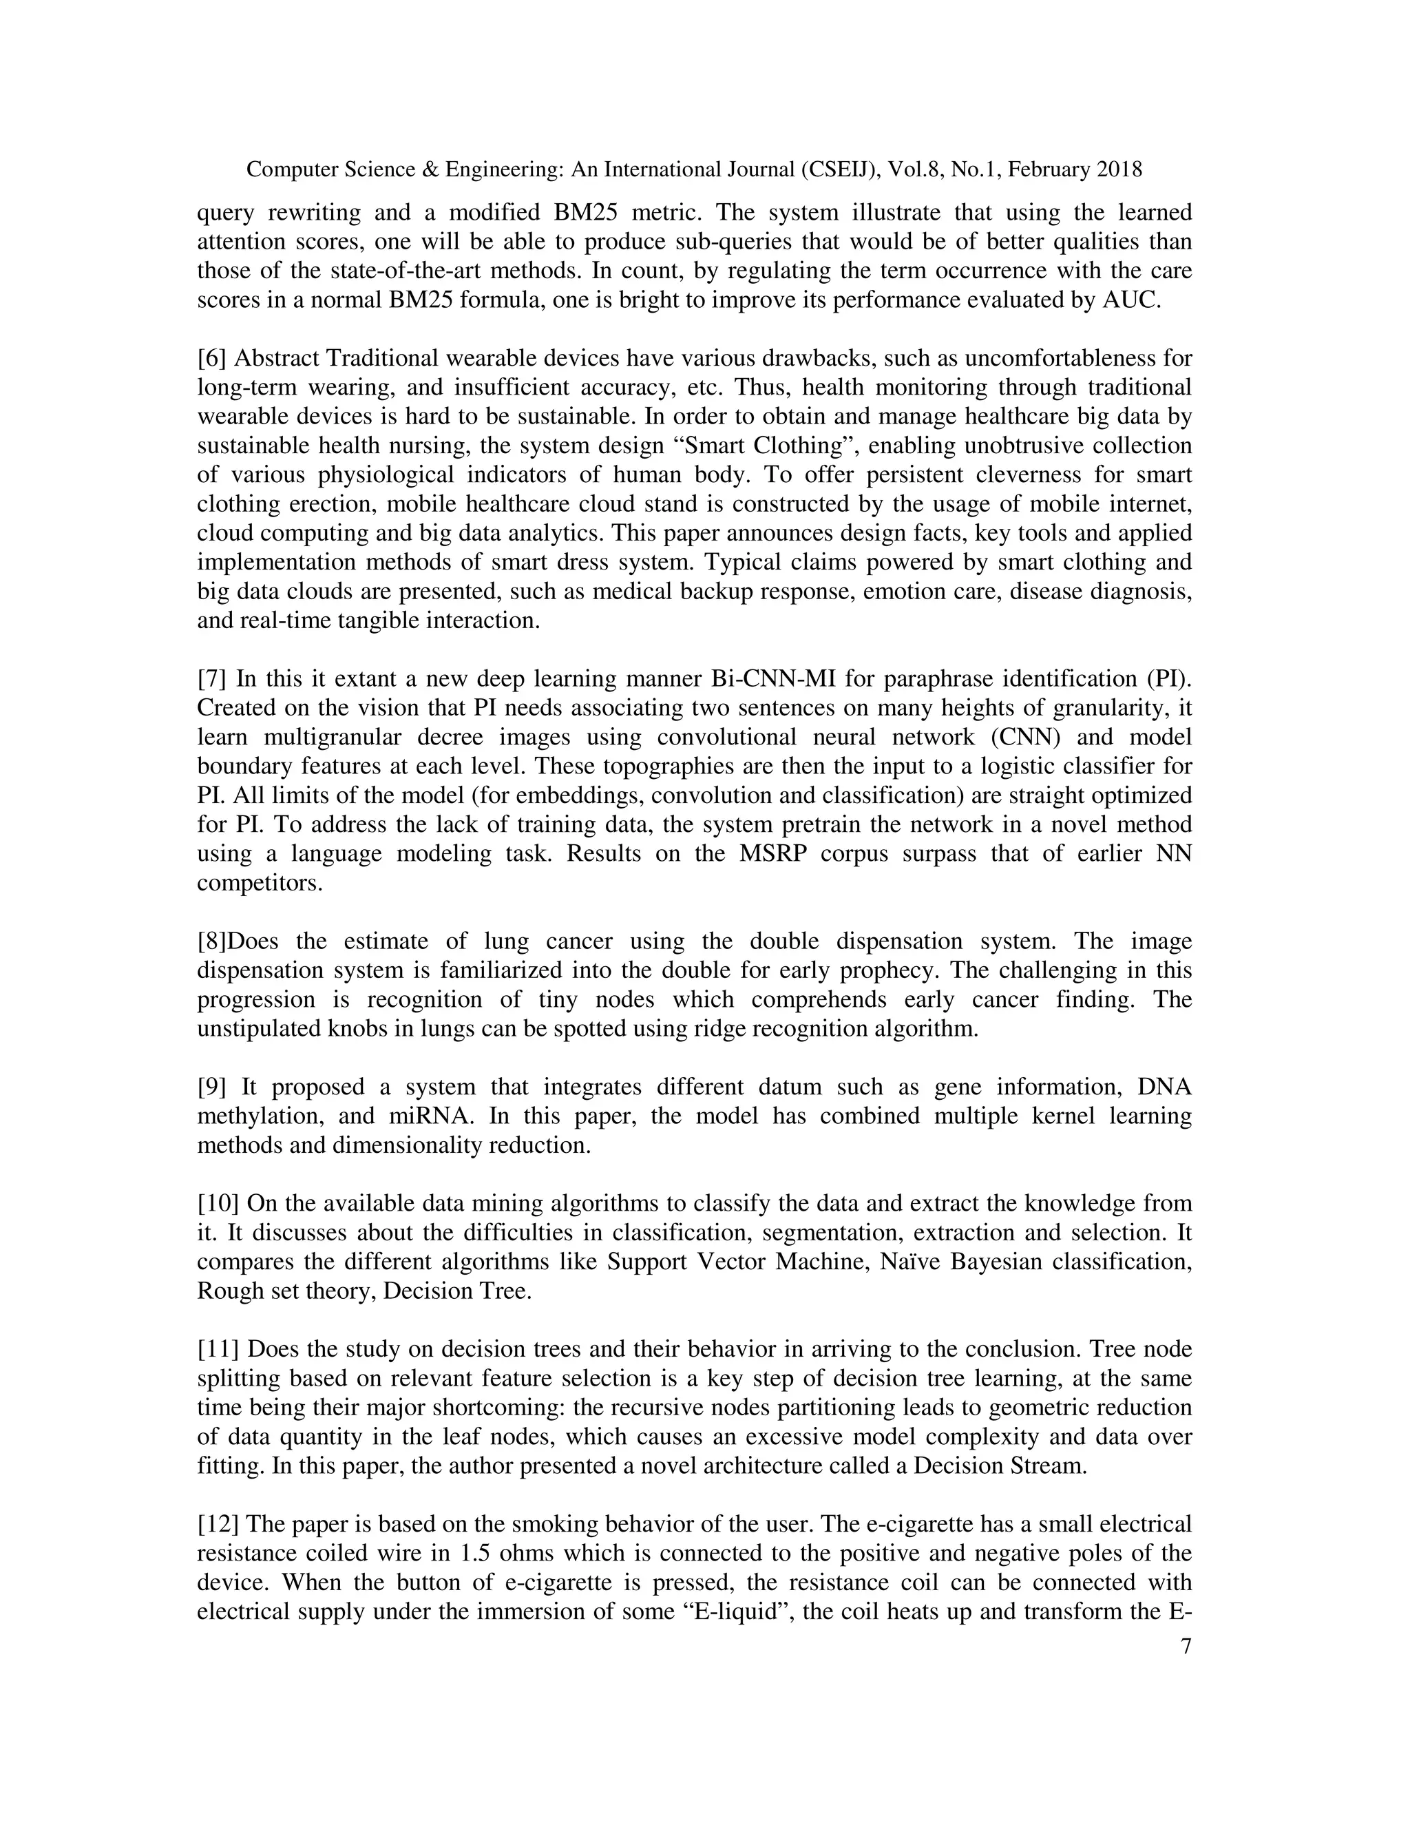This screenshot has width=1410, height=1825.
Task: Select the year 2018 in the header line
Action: pyautogui.click(x=1119, y=171)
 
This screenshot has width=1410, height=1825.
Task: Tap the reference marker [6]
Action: pyautogui.click(x=211, y=359)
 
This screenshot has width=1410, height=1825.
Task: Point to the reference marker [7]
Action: pyautogui.click(x=211, y=678)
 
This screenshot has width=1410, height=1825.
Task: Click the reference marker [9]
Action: pyautogui.click(x=211, y=1087)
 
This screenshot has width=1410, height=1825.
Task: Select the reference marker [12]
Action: pyautogui.click(x=219, y=1524)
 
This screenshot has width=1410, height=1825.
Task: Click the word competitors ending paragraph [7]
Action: pyautogui.click(x=259, y=884)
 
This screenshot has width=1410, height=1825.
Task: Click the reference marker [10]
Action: pyautogui.click(x=219, y=1204)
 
